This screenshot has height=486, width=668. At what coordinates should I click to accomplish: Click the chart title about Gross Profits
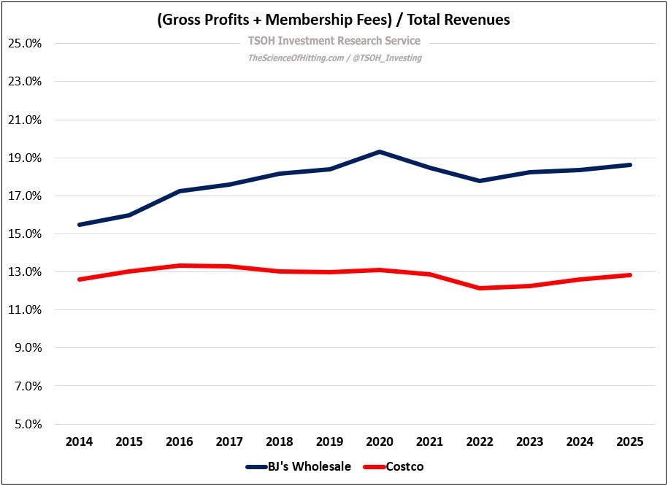pyautogui.click(x=334, y=20)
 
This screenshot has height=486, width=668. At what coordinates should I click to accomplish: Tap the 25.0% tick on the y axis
pyautogui.click(x=25, y=44)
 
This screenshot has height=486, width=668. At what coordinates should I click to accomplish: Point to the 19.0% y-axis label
pyautogui.click(x=25, y=158)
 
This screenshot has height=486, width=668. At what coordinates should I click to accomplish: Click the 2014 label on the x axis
pyautogui.click(x=80, y=441)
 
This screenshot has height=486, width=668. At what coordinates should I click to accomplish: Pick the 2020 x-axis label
pyautogui.click(x=380, y=441)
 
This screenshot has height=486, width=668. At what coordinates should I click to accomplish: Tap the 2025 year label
pyautogui.click(x=630, y=441)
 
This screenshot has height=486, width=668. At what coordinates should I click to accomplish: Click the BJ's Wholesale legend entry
pyautogui.click(x=299, y=466)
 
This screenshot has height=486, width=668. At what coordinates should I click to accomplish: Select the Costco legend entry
pyautogui.click(x=393, y=466)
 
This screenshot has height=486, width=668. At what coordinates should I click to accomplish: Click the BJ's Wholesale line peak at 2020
pyautogui.click(x=380, y=151)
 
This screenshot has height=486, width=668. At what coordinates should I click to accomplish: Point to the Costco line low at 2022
pyautogui.click(x=480, y=288)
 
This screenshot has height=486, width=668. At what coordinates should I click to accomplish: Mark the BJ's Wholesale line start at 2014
pyautogui.click(x=80, y=225)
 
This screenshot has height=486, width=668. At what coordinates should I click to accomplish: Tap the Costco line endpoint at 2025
pyautogui.click(x=630, y=275)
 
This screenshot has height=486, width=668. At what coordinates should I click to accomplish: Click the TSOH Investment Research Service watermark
pyautogui.click(x=334, y=41)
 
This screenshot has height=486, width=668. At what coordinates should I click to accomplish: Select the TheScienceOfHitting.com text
pyautogui.click(x=296, y=58)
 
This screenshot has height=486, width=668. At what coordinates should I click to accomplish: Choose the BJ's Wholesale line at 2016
pyautogui.click(x=180, y=190)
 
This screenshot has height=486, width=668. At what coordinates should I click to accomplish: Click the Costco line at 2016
pyautogui.click(x=180, y=266)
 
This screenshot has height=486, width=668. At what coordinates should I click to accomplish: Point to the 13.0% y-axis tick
pyautogui.click(x=25, y=271)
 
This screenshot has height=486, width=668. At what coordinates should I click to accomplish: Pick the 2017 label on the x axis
pyautogui.click(x=229, y=441)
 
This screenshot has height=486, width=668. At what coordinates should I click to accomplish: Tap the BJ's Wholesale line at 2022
pyautogui.click(x=480, y=181)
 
